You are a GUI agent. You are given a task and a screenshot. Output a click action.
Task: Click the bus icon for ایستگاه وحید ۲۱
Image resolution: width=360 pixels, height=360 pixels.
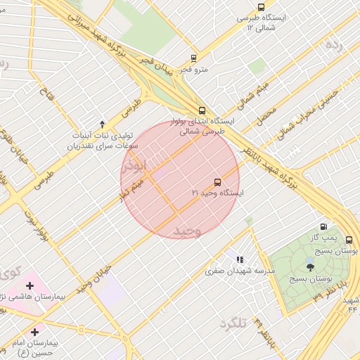point(217,181)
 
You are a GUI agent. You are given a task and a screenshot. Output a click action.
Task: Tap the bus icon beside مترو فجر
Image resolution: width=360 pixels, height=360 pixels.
point(193,59)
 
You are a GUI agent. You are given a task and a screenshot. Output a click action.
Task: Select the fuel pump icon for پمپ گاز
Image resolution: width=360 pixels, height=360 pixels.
point(323,226)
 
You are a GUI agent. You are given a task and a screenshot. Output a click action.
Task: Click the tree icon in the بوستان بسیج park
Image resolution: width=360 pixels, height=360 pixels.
point(310,266)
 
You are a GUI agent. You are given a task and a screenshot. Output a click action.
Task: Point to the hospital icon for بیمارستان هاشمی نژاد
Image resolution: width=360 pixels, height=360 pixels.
point(30,285)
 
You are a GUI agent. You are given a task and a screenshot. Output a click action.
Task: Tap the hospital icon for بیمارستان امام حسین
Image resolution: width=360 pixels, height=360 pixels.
point(34,331)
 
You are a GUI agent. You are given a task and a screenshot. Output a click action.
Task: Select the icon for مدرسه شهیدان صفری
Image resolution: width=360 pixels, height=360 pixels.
point(240,259)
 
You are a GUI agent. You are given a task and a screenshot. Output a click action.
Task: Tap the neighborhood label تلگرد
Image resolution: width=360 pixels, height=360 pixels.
point(233,323)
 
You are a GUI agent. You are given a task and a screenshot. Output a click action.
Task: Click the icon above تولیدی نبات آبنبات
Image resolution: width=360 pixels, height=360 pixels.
point(103,124)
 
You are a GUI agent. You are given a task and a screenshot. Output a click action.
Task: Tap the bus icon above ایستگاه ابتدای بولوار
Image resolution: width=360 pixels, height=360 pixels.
point(202,110)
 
